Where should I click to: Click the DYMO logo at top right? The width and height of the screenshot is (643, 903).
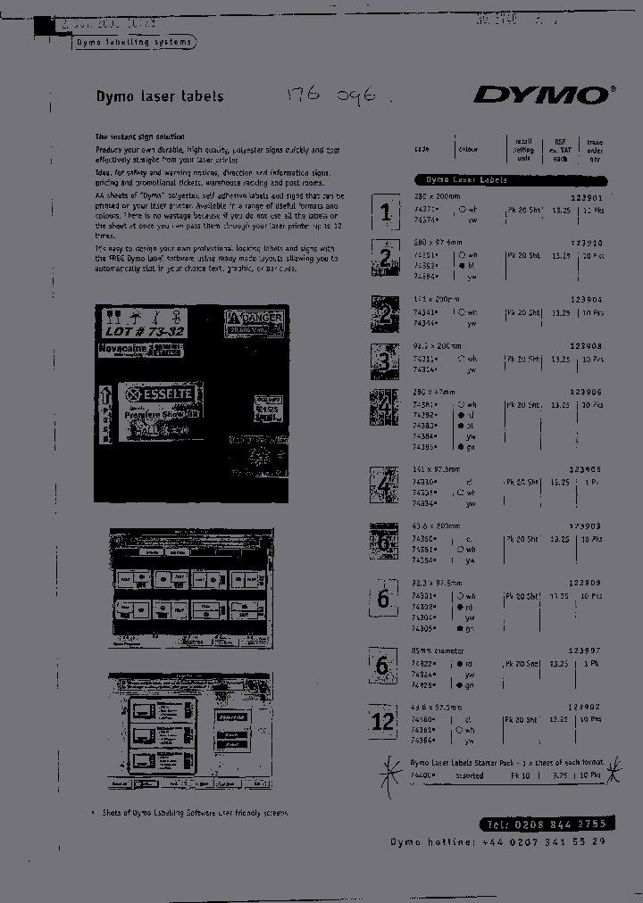544,95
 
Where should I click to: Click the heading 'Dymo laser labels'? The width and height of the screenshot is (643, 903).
159,96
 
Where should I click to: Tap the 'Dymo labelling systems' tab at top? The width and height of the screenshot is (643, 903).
133,42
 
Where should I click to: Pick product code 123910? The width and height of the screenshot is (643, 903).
587,243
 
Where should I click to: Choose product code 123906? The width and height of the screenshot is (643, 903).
587,392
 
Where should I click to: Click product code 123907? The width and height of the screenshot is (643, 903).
587,652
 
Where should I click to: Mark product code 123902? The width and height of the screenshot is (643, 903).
587,708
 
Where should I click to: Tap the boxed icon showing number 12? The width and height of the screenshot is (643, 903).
383,720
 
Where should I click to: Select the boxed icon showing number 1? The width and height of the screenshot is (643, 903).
385,212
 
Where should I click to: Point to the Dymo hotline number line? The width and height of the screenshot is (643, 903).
498,842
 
